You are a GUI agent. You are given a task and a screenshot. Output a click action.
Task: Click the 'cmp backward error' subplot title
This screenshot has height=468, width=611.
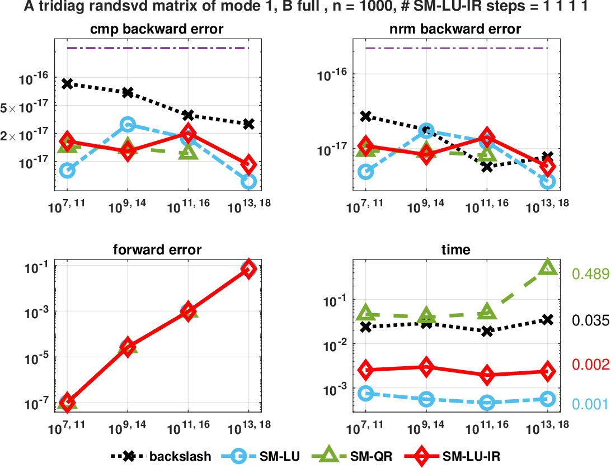157,29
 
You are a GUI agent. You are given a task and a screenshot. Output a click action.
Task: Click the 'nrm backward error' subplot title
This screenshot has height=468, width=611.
456,29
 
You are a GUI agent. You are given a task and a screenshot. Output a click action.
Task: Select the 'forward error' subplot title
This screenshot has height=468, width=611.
157,250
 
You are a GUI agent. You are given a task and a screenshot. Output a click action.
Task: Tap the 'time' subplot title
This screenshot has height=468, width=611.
456,250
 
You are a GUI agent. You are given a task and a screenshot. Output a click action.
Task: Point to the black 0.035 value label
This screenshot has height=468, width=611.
590,320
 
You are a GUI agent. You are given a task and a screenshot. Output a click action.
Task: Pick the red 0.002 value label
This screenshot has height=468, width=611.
590,365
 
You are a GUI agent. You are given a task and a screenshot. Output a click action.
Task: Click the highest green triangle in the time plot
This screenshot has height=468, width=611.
547,267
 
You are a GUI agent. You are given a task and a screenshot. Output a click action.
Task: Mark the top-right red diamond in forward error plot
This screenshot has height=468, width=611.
248,269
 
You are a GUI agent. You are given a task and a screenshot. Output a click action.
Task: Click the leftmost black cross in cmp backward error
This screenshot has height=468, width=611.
67,83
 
